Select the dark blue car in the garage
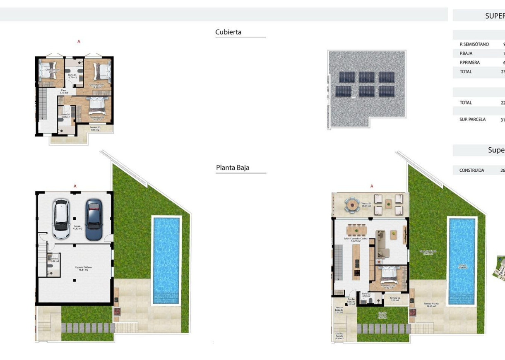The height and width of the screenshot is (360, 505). coord(94,219)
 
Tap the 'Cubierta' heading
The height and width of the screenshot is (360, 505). coord(228,32)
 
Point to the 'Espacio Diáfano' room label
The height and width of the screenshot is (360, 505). coord(83,268)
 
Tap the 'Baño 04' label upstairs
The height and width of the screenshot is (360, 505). coord(72,76)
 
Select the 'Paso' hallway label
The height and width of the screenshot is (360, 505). coord(64,91)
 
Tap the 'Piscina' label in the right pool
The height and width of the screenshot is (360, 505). coord(462,266)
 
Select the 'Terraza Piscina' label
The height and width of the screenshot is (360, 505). coord(430,305)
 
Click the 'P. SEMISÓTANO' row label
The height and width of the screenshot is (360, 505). coord(474,44)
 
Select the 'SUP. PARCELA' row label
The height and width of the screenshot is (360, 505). coord(472,120)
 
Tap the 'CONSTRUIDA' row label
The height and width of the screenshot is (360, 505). coord(471,170)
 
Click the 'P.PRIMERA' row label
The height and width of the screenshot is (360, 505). coord(469,62)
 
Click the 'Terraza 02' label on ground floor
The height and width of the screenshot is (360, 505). coord(395,299)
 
